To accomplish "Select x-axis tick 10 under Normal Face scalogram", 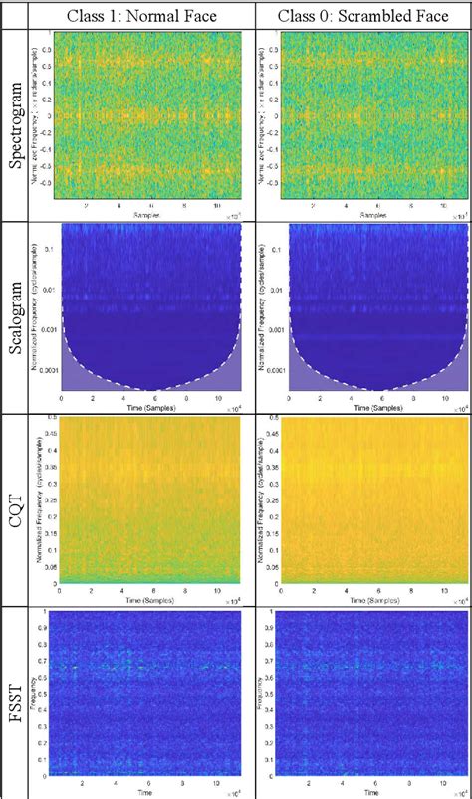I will point(212,398).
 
